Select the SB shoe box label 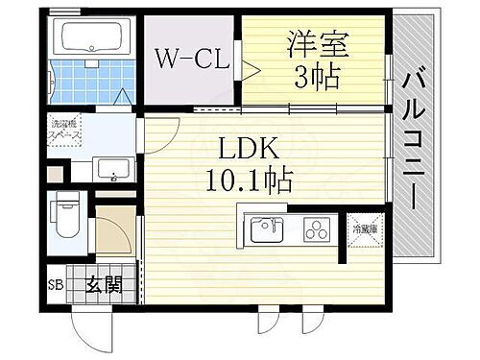pyautogui.click(x=57, y=286)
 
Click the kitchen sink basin pyautogui.click(x=268, y=229)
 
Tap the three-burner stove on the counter pyautogui.click(x=316, y=229)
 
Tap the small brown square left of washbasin pyautogui.click(x=57, y=174)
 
